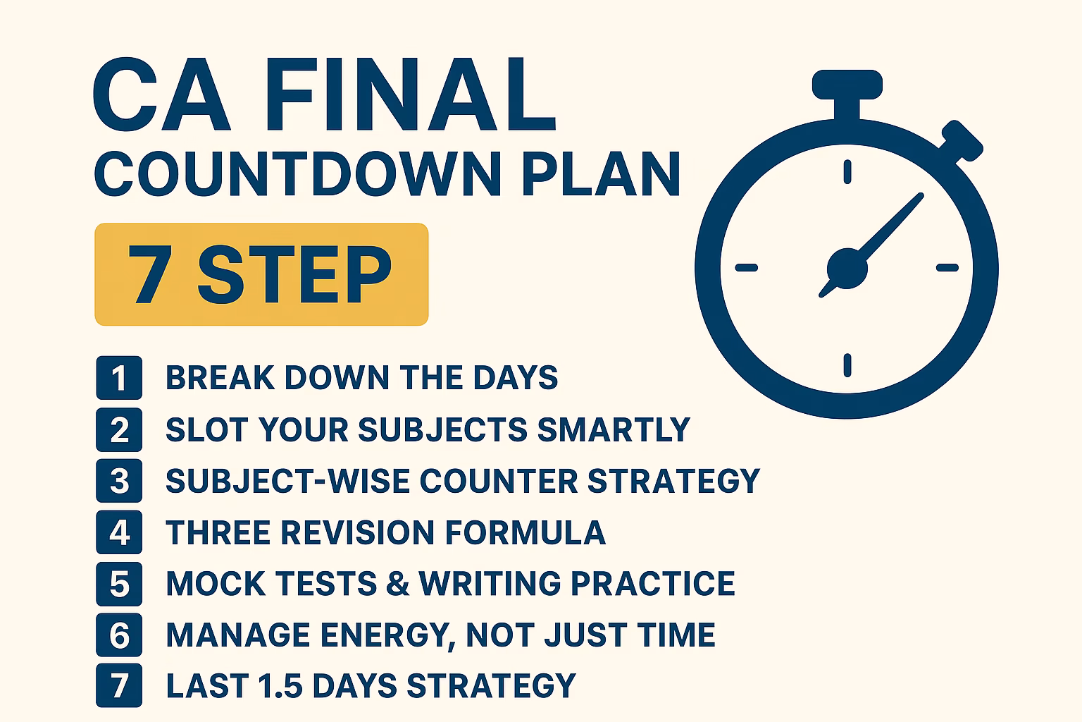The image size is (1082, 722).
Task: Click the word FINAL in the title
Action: (x=411, y=94)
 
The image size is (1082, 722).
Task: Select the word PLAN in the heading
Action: (x=601, y=173)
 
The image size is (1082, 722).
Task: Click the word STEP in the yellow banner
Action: (x=294, y=274)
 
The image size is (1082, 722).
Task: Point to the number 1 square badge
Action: (x=119, y=378)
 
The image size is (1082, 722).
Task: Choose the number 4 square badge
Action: (x=119, y=532)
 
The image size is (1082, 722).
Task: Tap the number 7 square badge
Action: (x=119, y=686)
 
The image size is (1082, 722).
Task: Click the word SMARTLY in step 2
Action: (x=614, y=429)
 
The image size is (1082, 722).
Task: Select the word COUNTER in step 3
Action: (x=499, y=481)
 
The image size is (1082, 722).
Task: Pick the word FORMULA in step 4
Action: (x=525, y=532)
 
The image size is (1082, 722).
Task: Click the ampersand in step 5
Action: (x=397, y=583)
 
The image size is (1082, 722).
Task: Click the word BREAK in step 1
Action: (x=220, y=378)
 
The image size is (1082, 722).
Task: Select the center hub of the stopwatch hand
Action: (x=847, y=269)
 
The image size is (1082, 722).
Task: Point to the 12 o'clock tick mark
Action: (x=847, y=171)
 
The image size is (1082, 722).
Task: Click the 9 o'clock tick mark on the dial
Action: (x=746, y=267)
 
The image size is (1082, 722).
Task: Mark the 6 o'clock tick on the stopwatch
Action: (x=847, y=365)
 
